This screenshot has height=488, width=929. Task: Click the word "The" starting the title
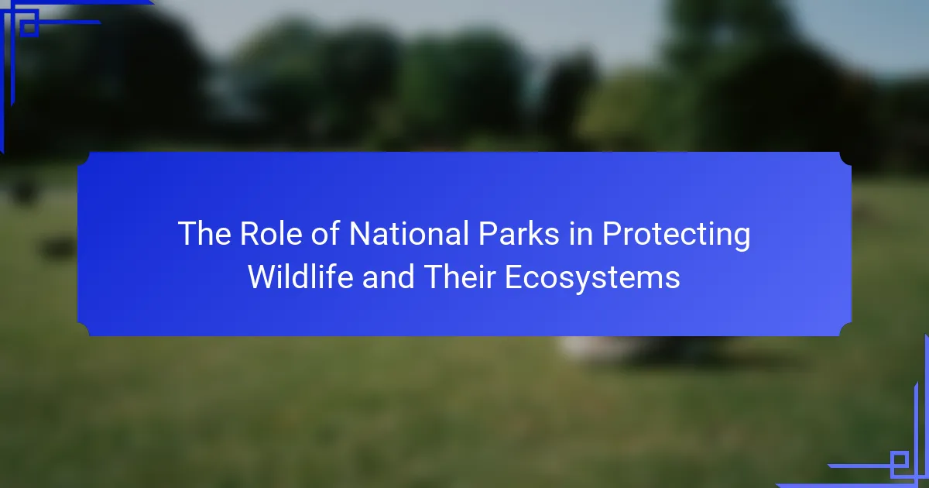click(204, 233)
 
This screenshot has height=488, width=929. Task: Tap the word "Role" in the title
click(271, 233)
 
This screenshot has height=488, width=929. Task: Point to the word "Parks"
click(519, 233)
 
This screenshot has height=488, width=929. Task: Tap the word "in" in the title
click(580, 233)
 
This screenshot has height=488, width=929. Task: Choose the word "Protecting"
click(676, 235)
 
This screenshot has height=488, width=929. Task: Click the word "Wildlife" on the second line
click(300, 277)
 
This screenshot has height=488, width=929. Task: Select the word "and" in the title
click(388, 277)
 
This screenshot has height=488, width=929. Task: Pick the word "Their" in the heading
click(459, 277)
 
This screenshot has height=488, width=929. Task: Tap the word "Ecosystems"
click(592, 280)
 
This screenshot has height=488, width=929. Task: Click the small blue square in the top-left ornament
click(29, 28)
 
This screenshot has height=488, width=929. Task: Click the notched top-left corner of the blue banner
click(84, 159)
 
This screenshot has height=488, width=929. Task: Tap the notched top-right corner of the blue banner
click(845, 159)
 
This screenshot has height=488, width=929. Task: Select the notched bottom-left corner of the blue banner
click(84, 329)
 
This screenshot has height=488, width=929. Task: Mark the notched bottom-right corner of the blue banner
click(845, 329)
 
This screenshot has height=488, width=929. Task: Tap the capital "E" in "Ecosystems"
click(513, 277)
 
